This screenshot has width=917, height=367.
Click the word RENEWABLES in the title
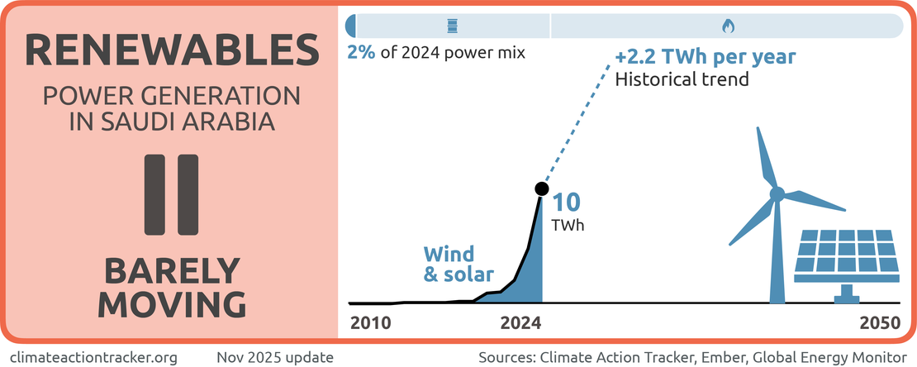[x=172, y=50]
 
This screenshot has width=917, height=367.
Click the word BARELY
[x=172, y=271]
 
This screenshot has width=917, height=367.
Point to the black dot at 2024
[x=541, y=188]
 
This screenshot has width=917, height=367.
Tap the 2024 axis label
[x=522, y=323]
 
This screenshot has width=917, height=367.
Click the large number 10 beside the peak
[x=566, y=203]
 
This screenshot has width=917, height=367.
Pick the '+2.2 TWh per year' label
[x=706, y=58]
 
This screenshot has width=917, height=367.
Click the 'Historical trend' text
[x=682, y=80]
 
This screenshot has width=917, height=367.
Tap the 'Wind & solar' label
[x=458, y=264]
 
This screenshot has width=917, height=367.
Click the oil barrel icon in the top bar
[x=451, y=26]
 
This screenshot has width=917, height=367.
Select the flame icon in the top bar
[x=727, y=26]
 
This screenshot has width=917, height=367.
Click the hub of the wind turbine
[x=777, y=194]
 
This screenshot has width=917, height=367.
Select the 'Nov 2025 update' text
[x=275, y=357]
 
